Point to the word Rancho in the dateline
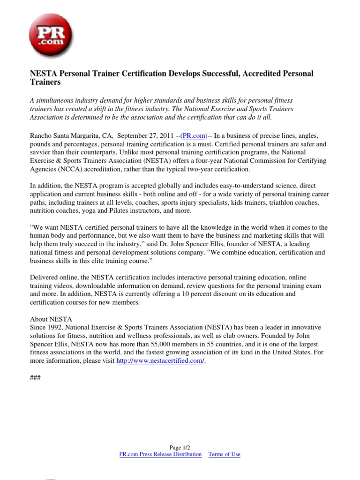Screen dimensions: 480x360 point(41,135)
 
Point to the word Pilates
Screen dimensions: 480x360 point(133,211)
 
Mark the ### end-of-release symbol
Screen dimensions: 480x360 point(35,378)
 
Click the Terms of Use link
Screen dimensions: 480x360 point(224,454)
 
